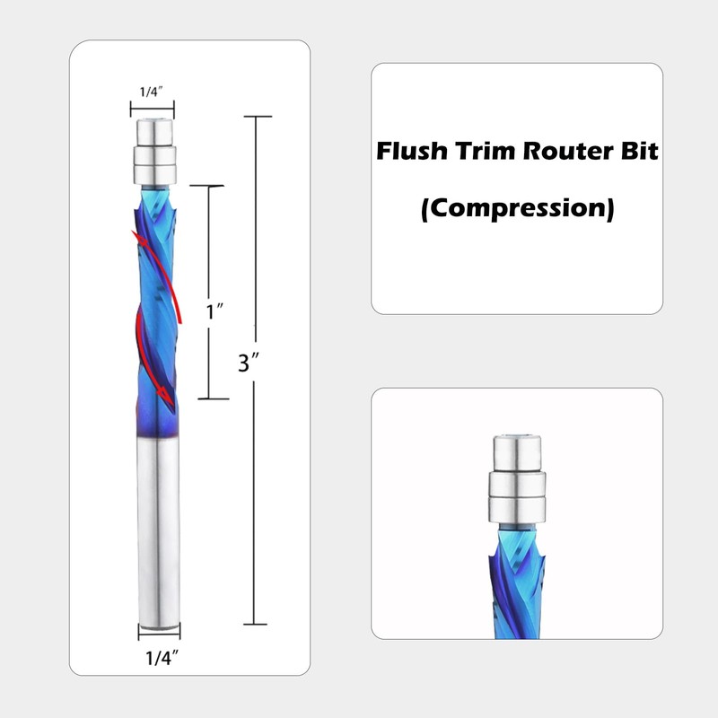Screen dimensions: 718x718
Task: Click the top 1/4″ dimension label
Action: [153, 91]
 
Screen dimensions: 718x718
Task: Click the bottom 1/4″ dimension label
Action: [159, 657]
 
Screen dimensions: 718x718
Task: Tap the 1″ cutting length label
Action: [215, 312]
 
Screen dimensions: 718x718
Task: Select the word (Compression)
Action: [518, 209]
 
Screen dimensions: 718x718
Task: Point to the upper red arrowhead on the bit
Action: [137, 236]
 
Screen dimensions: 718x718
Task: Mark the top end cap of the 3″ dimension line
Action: [258, 117]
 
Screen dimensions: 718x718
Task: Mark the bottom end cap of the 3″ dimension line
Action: [258, 624]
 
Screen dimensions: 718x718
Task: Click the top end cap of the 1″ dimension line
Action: [208, 186]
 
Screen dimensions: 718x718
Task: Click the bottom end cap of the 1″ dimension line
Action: [208, 398]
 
